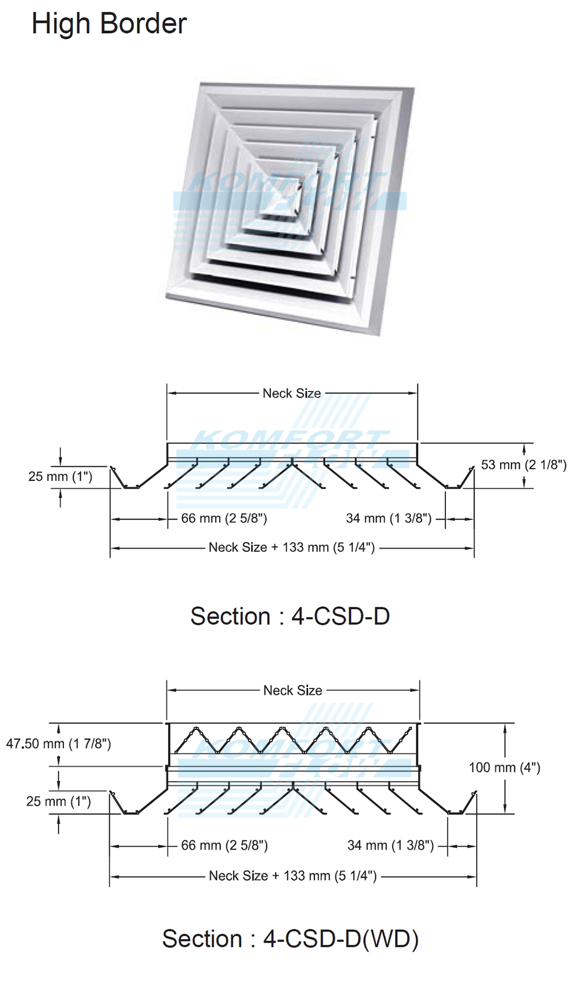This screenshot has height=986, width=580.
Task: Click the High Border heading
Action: click(x=109, y=24)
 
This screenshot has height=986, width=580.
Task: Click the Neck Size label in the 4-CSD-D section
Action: click(x=292, y=393)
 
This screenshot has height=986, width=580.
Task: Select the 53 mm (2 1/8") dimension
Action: click(x=524, y=465)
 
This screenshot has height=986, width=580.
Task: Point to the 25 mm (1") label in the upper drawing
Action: click(x=60, y=477)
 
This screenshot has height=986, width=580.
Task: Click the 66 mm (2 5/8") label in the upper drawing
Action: click(x=224, y=519)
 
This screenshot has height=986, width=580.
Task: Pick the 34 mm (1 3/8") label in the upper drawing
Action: click(x=389, y=519)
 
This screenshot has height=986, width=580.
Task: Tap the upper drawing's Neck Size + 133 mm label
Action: click(x=292, y=548)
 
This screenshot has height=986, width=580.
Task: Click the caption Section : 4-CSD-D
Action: click(x=290, y=616)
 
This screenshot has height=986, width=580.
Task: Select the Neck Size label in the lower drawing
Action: click(x=293, y=690)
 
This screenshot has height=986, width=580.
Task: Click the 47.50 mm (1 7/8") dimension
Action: click(x=59, y=744)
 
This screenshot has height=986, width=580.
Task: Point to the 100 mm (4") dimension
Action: click(x=505, y=768)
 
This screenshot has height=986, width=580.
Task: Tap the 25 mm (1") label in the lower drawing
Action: click(x=59, y=802)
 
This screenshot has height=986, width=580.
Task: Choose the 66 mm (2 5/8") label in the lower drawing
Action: click(x=224, y=846)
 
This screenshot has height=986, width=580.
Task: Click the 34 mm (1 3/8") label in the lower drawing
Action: click(x=390, y=846)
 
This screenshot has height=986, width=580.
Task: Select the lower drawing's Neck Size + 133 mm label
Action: click(x=293, y=876)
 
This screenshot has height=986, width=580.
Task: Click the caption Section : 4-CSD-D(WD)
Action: click(x=290, y=938)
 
